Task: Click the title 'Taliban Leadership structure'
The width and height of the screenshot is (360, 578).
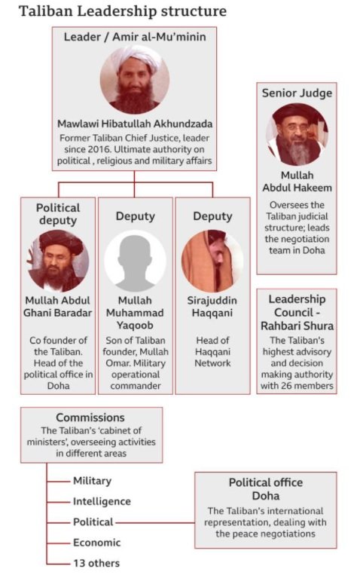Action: pos(123,11)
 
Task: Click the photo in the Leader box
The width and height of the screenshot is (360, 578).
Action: pos(135,80)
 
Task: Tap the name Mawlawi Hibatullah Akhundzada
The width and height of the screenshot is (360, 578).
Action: pos(135,124)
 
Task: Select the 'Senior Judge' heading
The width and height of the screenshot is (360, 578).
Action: pos(297,93)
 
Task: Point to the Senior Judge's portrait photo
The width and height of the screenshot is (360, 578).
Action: pos(297,135)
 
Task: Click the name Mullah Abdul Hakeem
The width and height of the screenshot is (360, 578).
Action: pos(297,182)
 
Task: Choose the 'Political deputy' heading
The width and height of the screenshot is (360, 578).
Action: pos(58,214)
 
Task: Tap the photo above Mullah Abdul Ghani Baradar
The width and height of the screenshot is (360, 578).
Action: pos(58,261)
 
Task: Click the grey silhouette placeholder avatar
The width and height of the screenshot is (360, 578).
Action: pos(135,261)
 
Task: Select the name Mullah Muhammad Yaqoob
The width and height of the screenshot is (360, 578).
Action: pos(135,313)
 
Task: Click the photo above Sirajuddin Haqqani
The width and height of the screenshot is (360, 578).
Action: pos(212,261)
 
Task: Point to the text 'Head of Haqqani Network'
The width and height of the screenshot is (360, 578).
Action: pos(212,352)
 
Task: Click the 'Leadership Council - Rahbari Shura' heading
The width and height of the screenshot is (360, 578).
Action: pos(297,313)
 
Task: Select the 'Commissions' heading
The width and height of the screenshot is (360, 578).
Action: pos(90,417)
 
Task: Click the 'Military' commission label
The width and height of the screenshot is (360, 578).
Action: pos(92,481)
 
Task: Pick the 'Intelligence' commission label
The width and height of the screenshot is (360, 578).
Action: pos(102,501)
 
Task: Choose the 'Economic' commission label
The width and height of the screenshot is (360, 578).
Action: pos(97,543)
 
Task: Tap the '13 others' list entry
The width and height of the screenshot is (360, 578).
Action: pos(96,563)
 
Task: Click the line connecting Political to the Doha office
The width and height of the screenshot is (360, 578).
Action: pos(154,522)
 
